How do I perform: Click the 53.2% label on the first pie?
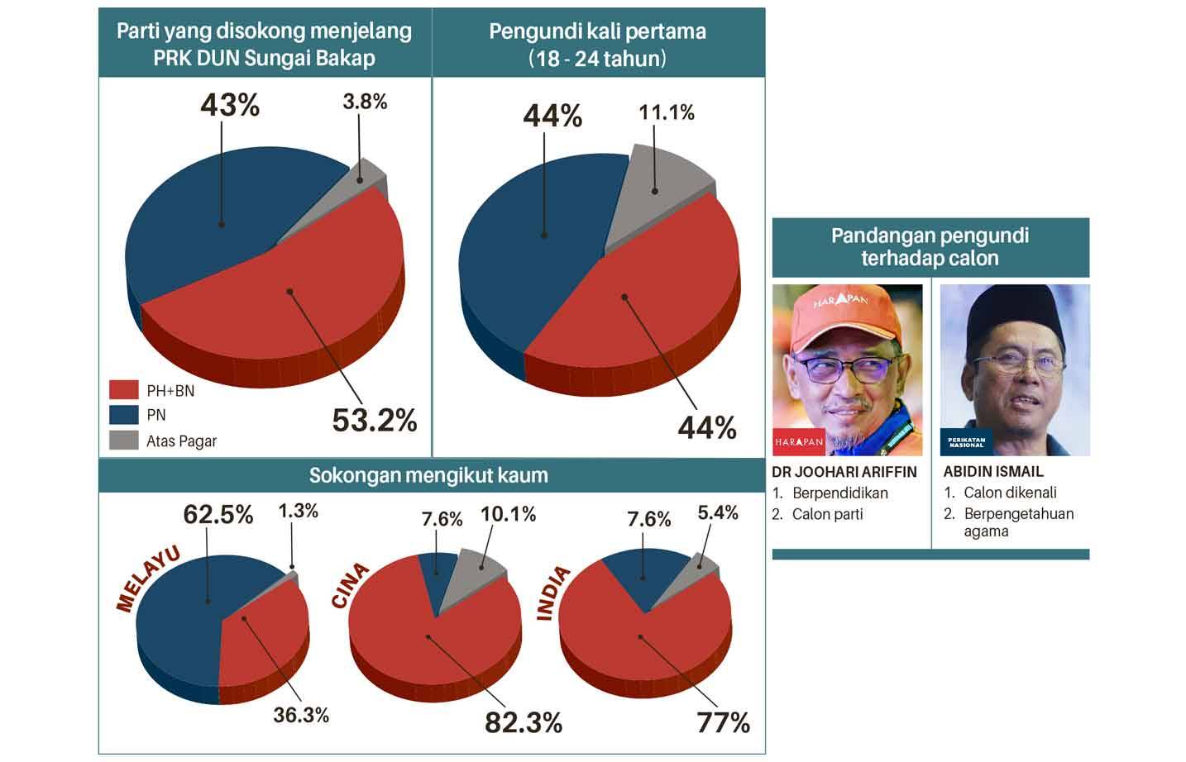pyautogui.click(x=374, y=421)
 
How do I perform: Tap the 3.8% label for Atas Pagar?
pyautogui.click(x=365, y=102)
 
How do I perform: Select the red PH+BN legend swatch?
pyautogui.click(x=123, y=390)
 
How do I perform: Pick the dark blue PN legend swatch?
pyautogui.click(x=123, y=415)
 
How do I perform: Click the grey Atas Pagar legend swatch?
pyautogui.click(x=123, y=440)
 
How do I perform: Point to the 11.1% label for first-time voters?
pyautogui.click(x=666, y=112)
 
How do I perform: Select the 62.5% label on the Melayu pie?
pyautogui.click(x=218, y=515)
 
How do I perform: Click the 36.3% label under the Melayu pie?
pyautogui.click(x=301, y=714)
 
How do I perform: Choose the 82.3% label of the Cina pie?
pyautogui.click(x=523, y=723)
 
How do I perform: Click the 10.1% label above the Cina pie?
pyautogui.click(x=508, y=514)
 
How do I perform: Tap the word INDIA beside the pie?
pyautogui.click(x=554, y=593)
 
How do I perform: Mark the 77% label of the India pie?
pyautogui.click(x=723, y=723)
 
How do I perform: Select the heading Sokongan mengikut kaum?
pyautogui.click(x=428, y=475)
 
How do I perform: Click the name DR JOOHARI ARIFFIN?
pyautogui.click(x=844, y=472)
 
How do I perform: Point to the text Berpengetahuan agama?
pyautogui.click(x=1018, y=521)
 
